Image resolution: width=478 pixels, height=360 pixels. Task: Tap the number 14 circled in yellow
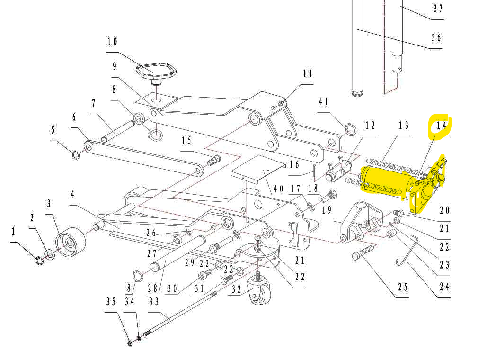(x=441, y=126)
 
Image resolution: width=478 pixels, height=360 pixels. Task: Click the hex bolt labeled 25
(x=364, y=252)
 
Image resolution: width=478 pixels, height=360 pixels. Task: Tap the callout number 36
(x=436, y=37)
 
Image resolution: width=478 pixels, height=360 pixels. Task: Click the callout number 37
(x=438, y=9)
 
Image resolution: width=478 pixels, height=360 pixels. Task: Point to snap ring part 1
(x=40, y=260)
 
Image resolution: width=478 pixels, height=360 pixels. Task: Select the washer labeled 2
(x=50, y=254)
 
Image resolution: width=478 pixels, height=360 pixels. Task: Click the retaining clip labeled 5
(x=76, y=153)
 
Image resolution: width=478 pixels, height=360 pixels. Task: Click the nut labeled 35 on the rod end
(x=130, y=342)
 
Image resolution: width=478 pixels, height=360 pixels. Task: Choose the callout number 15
(x=186, y=140)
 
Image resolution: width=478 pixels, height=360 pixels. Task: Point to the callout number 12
(x=370, y=126)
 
